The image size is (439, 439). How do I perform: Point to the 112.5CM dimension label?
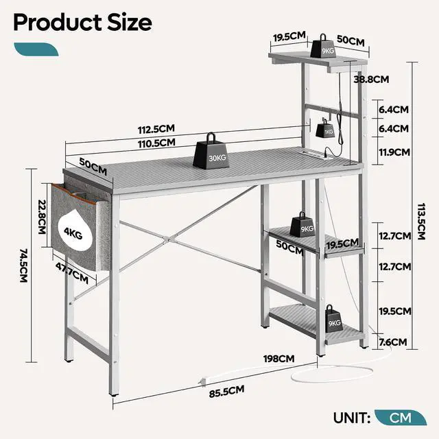coord(156,130)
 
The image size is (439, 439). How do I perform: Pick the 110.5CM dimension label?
coord(156,143)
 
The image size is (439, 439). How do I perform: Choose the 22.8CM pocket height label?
coord(42,216)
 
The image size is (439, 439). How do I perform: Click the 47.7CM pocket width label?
coord(71,272)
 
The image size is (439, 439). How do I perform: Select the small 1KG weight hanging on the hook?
coord(326,129)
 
